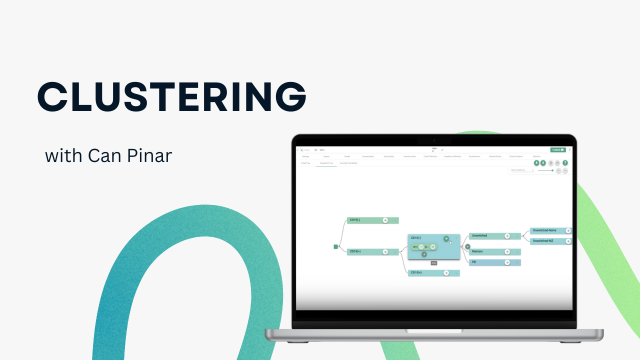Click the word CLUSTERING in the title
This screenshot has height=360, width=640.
171,96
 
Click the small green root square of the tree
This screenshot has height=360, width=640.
336,246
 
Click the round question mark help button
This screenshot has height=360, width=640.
565,163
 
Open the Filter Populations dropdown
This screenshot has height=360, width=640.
522,170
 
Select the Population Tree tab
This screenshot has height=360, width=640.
326,163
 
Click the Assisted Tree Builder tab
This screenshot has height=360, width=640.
348,163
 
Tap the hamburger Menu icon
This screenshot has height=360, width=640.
315,149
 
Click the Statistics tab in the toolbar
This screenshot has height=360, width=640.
536,156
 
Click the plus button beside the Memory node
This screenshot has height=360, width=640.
467,246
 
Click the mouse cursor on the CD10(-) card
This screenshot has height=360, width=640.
450,242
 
